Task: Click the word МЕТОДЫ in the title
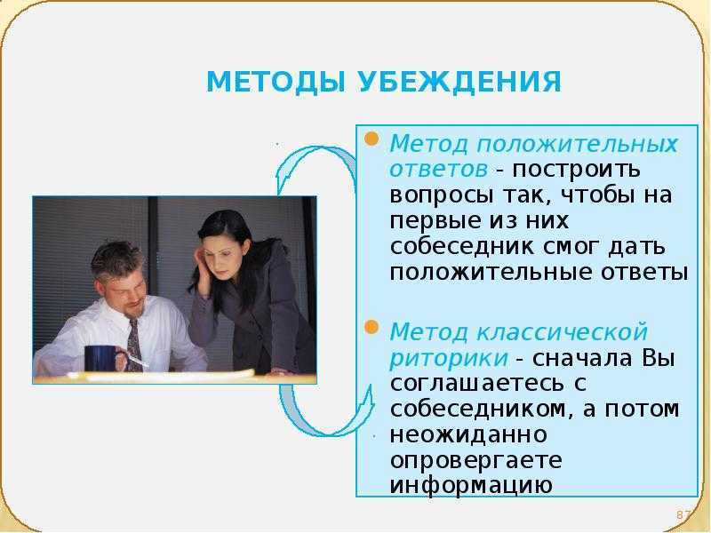[276, 83]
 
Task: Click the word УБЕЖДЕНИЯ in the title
[459, 82]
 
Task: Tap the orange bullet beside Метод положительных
[371, 139]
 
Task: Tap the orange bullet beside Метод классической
[371, 327]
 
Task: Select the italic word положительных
[577, 145]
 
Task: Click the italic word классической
[562, 331]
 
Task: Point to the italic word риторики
[449, 358]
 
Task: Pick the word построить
[576, 170]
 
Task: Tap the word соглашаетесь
[477, 384]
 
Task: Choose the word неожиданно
[468, 435]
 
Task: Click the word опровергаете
[475, 461]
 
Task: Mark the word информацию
[471, 486]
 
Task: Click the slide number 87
[683, 515]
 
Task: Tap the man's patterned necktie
[134, 346]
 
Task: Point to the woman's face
[220, 259]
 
